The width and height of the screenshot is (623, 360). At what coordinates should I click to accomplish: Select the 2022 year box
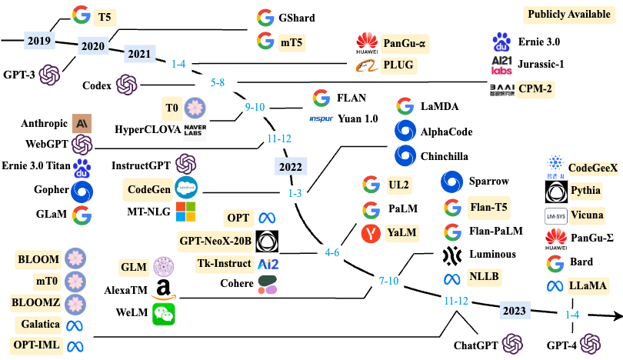pos(290,167)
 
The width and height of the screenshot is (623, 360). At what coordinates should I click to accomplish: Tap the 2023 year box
pos(512,311)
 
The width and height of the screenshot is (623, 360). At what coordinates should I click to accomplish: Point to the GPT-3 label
pos(19,75)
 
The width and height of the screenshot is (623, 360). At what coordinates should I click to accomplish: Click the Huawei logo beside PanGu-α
pos(367,42)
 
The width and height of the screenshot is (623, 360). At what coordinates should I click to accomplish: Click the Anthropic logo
pos(82,123)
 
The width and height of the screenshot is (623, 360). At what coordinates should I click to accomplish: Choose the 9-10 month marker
pos(255,107)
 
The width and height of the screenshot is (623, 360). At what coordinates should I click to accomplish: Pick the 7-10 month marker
pos(388,282)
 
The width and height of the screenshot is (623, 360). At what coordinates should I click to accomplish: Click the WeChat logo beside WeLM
pos(163,312)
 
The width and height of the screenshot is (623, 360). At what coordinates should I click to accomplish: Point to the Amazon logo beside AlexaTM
pos(162,289)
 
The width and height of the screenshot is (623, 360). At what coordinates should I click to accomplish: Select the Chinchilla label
pos(444,156)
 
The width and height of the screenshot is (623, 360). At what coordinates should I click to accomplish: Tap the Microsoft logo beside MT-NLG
pos(186,211)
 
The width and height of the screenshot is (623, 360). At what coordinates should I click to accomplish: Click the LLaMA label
pos(588,285)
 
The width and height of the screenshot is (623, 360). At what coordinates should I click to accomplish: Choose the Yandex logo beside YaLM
pos(371,232)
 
